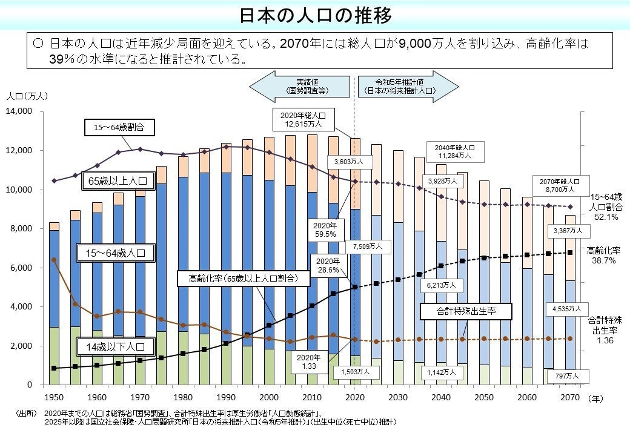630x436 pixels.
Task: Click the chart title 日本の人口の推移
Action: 315,15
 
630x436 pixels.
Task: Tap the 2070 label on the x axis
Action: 570,397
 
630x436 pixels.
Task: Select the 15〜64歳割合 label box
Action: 119,128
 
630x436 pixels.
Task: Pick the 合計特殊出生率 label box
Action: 466,312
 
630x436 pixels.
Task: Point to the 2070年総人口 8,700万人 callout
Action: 560,185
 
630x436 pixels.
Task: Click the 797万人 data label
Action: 568,376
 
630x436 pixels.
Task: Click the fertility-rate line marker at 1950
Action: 55,260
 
